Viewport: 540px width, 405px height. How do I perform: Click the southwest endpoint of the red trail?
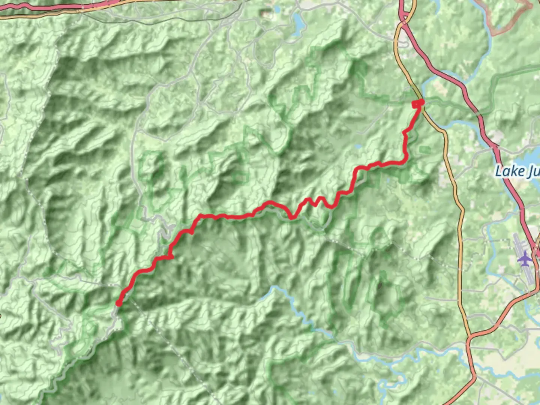tap(118, 303)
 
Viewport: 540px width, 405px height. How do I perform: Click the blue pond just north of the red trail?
tap(357, 147)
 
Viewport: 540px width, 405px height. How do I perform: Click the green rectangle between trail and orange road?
tap(425, 150)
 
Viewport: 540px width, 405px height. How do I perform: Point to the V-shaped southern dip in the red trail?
tap(292, 216)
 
